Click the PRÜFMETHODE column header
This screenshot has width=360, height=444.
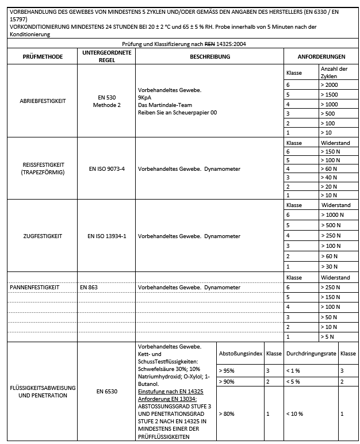tap(43, 57)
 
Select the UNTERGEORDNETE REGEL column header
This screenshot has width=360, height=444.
tap(107, 56)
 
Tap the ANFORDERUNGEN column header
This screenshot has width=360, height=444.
tap(321, 57)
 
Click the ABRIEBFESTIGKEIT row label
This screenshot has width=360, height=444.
tap(43, 101)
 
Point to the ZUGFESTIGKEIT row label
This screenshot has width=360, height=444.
tap(43, 236)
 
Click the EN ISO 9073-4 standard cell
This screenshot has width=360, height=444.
tap(107, 169)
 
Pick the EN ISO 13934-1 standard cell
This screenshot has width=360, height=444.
tap(107, 236)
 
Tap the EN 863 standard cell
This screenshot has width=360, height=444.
tap(88, 287)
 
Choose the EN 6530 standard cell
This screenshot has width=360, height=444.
tap(107, 391)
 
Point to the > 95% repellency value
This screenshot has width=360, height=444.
tap(227, 371)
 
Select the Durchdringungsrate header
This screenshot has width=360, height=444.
tap(311, 354)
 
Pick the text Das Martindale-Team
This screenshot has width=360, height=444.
tap(162, 105)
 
